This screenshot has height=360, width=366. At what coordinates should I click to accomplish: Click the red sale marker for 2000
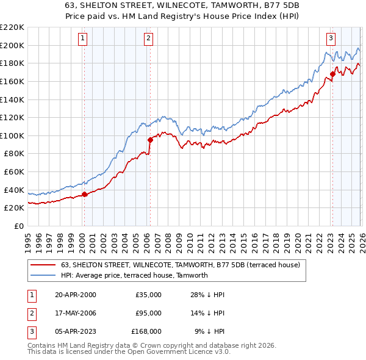(85, 194)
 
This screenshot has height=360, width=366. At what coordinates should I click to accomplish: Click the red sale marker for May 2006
(150, 140)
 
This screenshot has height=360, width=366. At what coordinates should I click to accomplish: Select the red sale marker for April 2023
(332, 74)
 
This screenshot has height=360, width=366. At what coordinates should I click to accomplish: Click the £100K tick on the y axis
(12, 135)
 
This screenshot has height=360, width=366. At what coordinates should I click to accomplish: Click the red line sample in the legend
(43, 265)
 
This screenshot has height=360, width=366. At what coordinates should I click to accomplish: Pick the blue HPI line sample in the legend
(43, 275)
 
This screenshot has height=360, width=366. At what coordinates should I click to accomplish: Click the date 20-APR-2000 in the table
(75, 295)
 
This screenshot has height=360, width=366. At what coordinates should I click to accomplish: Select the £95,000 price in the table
(148, 313)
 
